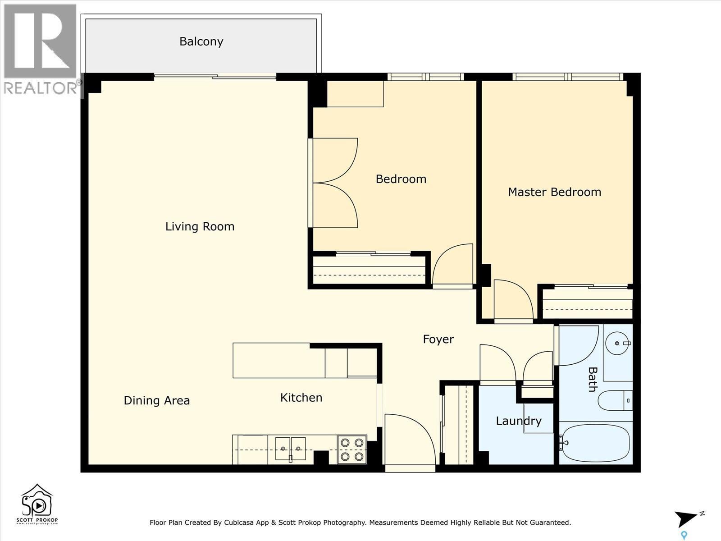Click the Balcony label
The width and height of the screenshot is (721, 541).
click(201, 41)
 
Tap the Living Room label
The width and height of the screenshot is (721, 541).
click(200, 226)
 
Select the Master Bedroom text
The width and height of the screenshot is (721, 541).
click(554, 192)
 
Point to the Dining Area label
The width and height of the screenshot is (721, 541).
click(156, 400)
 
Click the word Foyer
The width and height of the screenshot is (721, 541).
click(438, 339)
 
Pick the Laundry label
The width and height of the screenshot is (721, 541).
click(518, 421)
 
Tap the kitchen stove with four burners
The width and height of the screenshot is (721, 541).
click(352, 449)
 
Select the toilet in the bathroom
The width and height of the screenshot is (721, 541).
click(615, 400)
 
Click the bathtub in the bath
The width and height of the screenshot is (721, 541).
click(595, 443)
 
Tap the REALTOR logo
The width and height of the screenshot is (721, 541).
click(41, 50)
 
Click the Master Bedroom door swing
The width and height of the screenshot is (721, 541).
click(513, 299)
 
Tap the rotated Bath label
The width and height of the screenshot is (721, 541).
click(592, 379)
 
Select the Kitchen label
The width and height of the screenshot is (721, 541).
click(301, 398)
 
